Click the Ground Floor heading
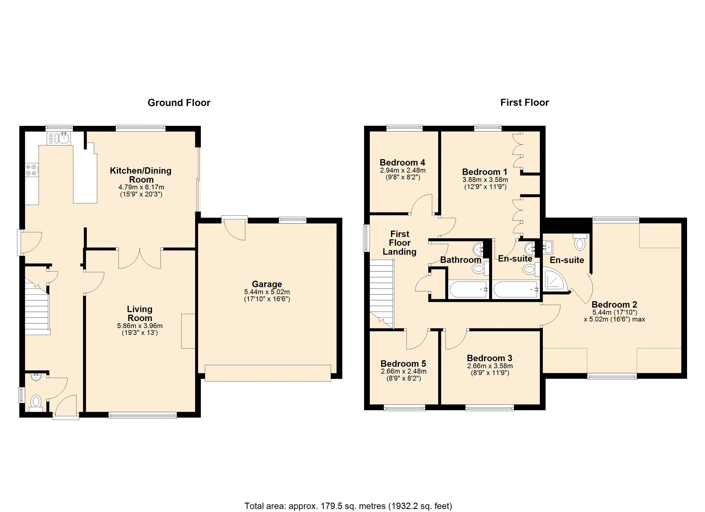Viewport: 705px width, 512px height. pos(179,103)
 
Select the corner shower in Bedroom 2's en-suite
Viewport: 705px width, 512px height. pos(555,280)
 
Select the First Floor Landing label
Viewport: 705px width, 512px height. pos(399,243)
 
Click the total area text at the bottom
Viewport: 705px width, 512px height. pos(348,506)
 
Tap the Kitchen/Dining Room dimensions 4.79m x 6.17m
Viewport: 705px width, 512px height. pos(141,187)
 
